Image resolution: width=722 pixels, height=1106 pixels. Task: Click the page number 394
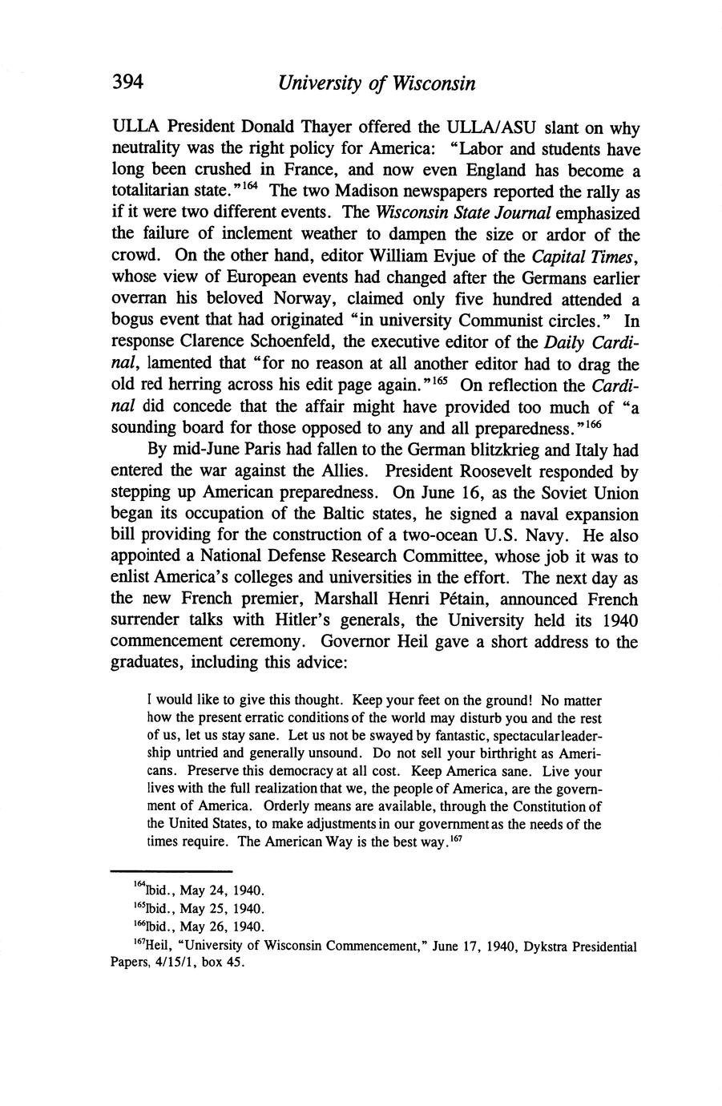[127, 83]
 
